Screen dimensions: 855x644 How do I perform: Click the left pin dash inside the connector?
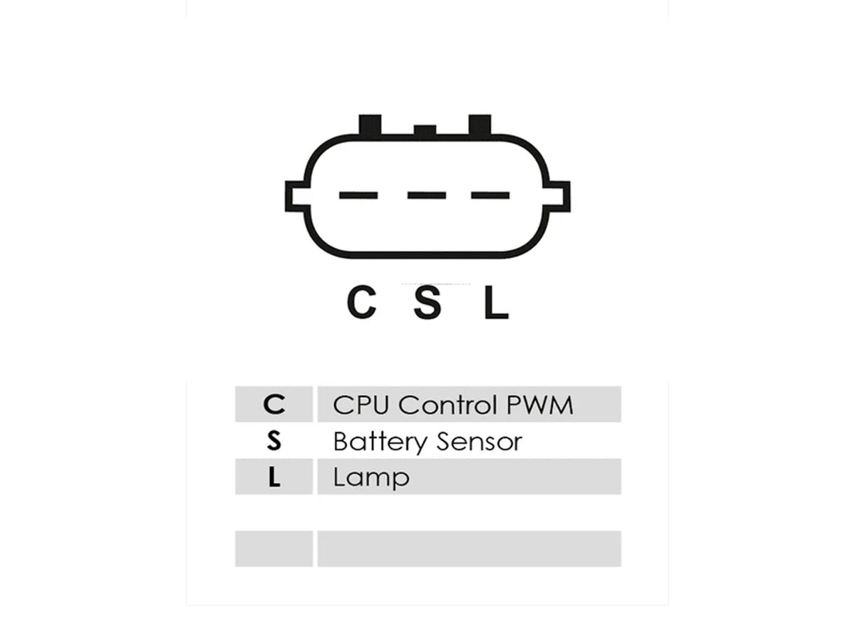tap(358, 195)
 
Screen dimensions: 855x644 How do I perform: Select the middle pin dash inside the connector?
tap(427, 195)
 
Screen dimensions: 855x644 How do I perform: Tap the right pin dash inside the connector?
tap(490, 195)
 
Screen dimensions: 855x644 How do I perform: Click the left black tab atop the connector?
tap(370, 125)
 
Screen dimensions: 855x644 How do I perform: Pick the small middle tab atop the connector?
tap(425, 130)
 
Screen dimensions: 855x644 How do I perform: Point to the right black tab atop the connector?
tap(480, 125)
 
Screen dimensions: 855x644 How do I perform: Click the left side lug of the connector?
tap(296, 197)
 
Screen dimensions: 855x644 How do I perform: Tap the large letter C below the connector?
tap(361, 302)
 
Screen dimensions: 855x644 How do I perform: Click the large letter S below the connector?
tap(427, 302)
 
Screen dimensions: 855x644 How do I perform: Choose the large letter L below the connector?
tap(496, 302)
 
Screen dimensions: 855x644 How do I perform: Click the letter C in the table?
tap(274, 405)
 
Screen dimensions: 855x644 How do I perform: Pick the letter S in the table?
tap(274, 441)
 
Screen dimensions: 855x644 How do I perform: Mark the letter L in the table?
tap(274, 477)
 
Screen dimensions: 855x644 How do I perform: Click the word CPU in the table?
tap(361, 405)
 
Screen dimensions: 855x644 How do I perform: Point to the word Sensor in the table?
tap(479, 442)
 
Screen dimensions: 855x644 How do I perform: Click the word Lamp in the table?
tap(371, 478)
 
